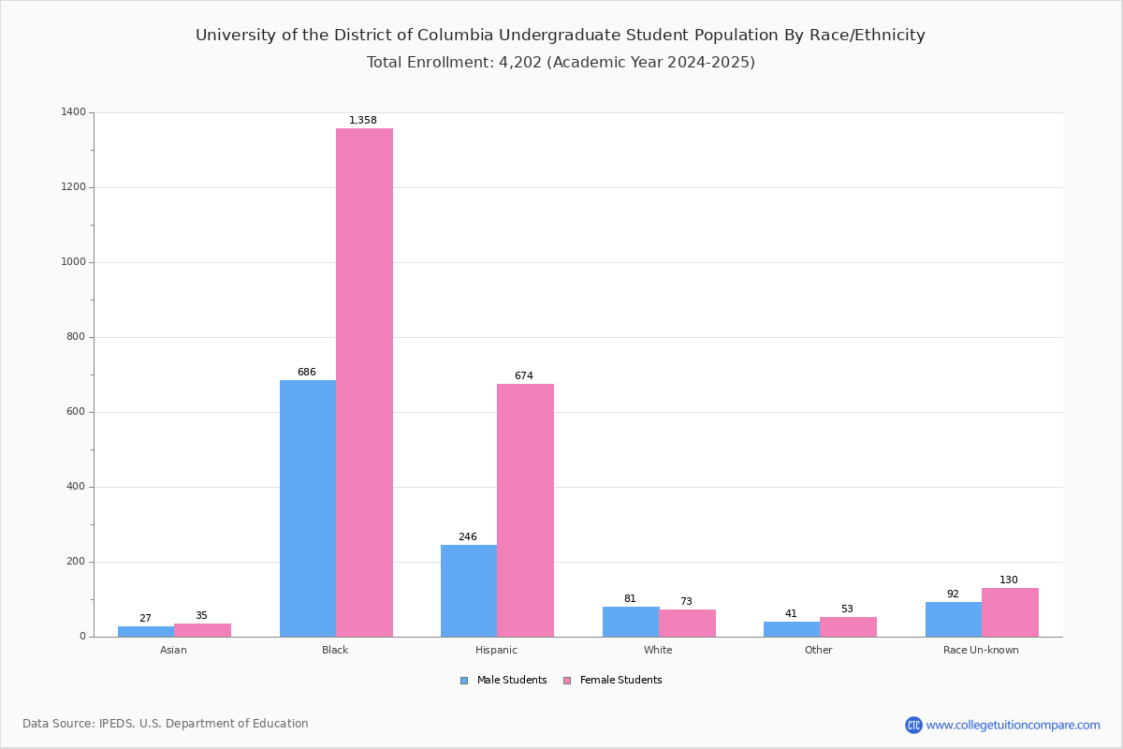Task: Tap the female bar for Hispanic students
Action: tap(525, 510)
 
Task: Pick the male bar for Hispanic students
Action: tap(469, 591)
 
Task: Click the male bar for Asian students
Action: tap(146, 632)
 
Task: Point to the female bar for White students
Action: tap(687, 624)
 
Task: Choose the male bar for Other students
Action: tap(792, 629)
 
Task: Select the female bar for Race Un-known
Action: tap(1010, 612)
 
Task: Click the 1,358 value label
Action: tap(363, 121)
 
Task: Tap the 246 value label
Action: tap(467, 537)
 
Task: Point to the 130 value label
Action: tap(1008, 580)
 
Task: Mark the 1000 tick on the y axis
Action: tap(74, 262)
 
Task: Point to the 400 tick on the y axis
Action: tap(76, 487)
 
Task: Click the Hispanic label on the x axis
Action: tap(496, 650)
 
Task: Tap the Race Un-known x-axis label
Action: tap(981, 650)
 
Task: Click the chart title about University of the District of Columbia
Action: tap(561, 36)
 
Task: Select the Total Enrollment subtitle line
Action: tap(561, 63)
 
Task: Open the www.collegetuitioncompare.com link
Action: tap(1013, 725)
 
